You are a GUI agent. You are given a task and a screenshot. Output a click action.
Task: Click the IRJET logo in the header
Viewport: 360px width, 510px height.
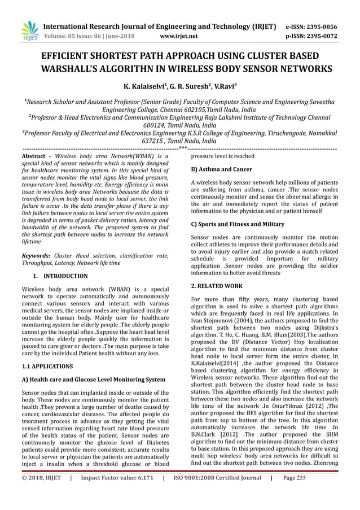[x=29, y=31]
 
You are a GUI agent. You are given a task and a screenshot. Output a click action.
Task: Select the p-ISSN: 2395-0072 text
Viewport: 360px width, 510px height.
[x=311, y=37]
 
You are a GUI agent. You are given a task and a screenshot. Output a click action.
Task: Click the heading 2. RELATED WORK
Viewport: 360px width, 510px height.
[x=217, y=286]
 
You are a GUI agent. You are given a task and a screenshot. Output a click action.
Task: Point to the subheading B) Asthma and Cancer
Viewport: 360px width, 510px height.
[x=221, y=169]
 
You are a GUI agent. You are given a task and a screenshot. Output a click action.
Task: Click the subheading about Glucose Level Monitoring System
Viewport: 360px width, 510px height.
[x=93, y=380]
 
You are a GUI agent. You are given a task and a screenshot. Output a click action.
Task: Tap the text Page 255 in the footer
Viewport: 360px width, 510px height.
[x=294, y=493]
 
